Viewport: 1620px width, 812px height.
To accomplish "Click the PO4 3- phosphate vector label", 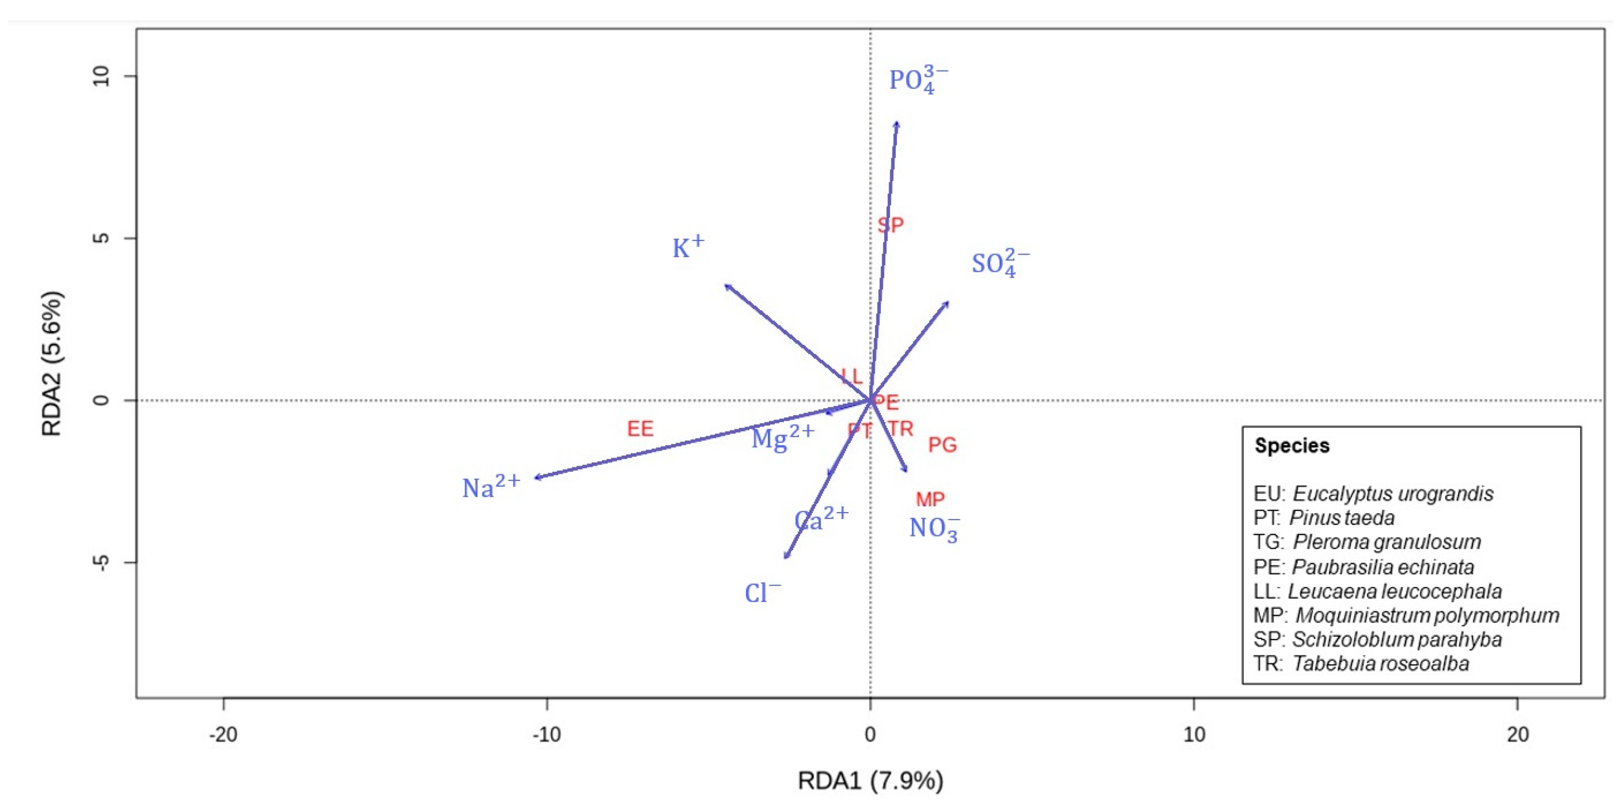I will pyautogui.click(x=917, y=80).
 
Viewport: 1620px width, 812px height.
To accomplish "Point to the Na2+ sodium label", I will pyautogui.click(x=491, y=486).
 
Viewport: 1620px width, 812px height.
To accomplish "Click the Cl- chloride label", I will pyautogui.click(x=762, y=592).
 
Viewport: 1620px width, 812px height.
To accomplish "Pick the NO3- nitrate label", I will pyautogui.click(x=934, y=528).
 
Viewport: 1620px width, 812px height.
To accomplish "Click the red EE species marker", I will pyautogui.click(x=640, y=429).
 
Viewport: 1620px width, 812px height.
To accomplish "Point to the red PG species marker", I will pyautogui.click(x=942, y=444).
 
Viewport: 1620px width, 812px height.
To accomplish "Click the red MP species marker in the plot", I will pyautogui.click(x=929, y=499).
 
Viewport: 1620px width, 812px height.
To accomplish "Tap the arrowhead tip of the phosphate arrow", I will pyautogui.click(x=897, y=122).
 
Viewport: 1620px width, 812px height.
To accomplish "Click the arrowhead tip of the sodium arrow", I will pyautogui.click(x=535, y=478).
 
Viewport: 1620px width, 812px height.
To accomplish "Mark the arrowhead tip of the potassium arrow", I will pyautogui.click(x=727, y=286).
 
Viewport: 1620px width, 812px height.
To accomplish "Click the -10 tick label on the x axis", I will pyautogui.click(x=546, y=734).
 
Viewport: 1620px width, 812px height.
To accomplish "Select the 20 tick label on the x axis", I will pyautogui.click(x=1517, y=734).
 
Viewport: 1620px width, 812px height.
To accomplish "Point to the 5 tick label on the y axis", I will pyautogui.click(x=101, y=238).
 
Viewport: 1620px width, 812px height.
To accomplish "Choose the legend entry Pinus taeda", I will pyautogui.click(x=1324, y=517).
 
